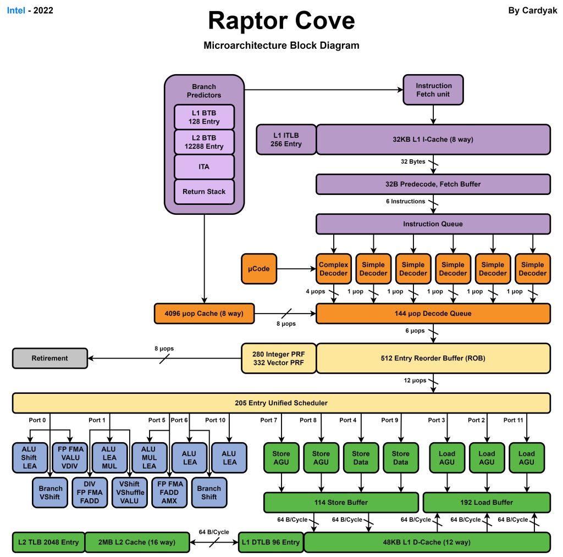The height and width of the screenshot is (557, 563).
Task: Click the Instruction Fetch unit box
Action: pos(434,90)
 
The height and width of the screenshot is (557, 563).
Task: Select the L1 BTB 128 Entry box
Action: pos(205,117)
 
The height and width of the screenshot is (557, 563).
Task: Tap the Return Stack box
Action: pos(205,192)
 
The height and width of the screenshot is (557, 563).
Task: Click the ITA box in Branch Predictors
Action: pos(205,166)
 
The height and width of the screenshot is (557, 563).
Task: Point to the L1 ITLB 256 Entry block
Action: pos(286,140)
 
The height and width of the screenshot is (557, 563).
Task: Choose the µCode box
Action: pos(258,269)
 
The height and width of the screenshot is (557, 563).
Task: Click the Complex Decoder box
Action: pos(334,269)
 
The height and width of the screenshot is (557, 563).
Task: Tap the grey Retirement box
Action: pos(50,358)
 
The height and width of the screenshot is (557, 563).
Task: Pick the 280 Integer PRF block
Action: pos(279,358)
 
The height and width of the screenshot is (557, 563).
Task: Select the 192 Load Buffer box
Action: pos(486,502)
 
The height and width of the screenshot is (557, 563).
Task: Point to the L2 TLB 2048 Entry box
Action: pos(48,542)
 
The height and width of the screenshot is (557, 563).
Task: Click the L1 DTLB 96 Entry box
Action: pos(271,542)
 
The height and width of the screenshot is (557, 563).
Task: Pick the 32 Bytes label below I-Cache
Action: pos(413,162)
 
